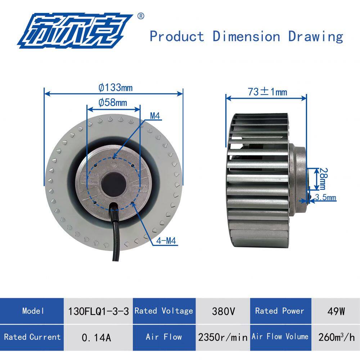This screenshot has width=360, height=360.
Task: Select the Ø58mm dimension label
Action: tap(113, 102)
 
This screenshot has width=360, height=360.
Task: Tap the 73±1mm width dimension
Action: tap(267, 92)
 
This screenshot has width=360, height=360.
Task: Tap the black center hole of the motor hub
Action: tap(113, 184)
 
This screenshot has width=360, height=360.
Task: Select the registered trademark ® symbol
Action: tap(141, 16)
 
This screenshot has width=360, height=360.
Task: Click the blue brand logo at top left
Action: tap(76, 31)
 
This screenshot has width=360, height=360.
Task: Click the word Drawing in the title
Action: tap(315, 36)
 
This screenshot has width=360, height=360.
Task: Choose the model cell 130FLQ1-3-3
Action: tap(98, 311)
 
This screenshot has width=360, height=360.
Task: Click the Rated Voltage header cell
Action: tap(164, 311)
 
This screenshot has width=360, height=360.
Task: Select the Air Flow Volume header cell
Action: tap(280, 337)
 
